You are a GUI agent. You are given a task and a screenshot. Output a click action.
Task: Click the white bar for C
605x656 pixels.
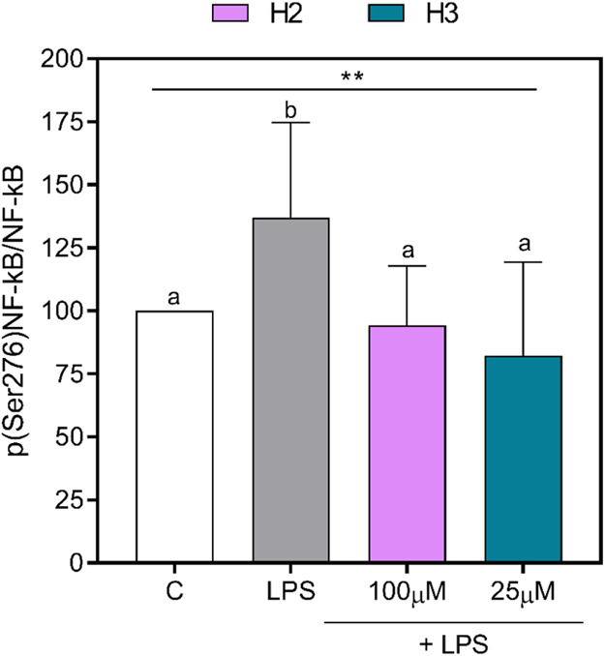pos(174,435)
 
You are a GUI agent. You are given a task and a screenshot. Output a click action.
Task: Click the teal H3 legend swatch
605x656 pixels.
pos(383,14)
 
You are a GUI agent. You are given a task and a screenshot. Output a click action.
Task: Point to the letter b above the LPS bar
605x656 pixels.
pos(290,108)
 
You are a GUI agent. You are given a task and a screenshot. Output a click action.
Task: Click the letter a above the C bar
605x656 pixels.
pos(174,298)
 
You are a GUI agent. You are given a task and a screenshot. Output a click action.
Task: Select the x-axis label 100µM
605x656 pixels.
pos(407,592)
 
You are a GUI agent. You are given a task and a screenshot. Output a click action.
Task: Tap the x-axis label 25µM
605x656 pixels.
pos(523,592)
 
